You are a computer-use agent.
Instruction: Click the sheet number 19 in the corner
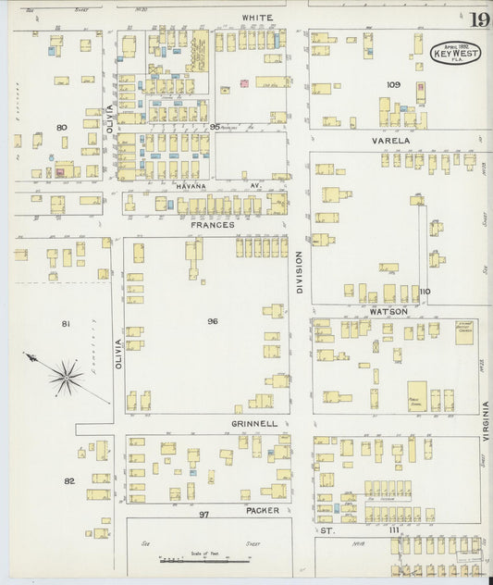point(477,20)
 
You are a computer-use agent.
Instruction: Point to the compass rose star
point(66,375)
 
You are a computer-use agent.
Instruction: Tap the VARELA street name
point(390,141)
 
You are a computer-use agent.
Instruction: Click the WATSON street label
point(389,311)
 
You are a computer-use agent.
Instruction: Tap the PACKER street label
point(263,510)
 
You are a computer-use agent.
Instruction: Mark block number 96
point(212,321)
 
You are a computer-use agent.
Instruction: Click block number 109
point(393,84)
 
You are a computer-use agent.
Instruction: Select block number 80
point(61,127)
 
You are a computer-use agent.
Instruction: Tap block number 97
point(205,513)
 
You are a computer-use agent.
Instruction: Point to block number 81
point(66,323)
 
